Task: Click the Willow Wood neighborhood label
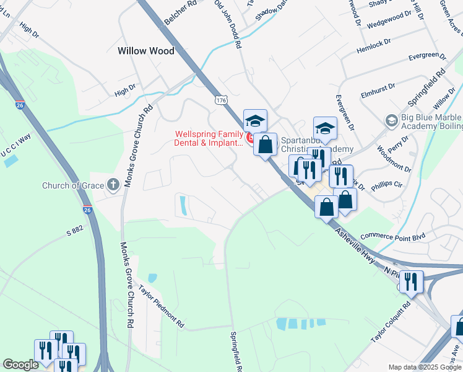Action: [x=146, y=51]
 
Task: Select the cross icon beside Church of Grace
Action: [x=112, y=184]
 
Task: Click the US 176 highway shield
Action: [x=220, y=99]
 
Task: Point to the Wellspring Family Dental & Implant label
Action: [x=209, y=138]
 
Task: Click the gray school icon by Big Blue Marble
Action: [x=391, y=119]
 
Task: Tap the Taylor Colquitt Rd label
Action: [x=391, y=322]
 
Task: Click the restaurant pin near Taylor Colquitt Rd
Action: [x=411, y=282]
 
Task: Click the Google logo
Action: [x=20, y=365]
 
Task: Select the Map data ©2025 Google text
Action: [x=423, y=367]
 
